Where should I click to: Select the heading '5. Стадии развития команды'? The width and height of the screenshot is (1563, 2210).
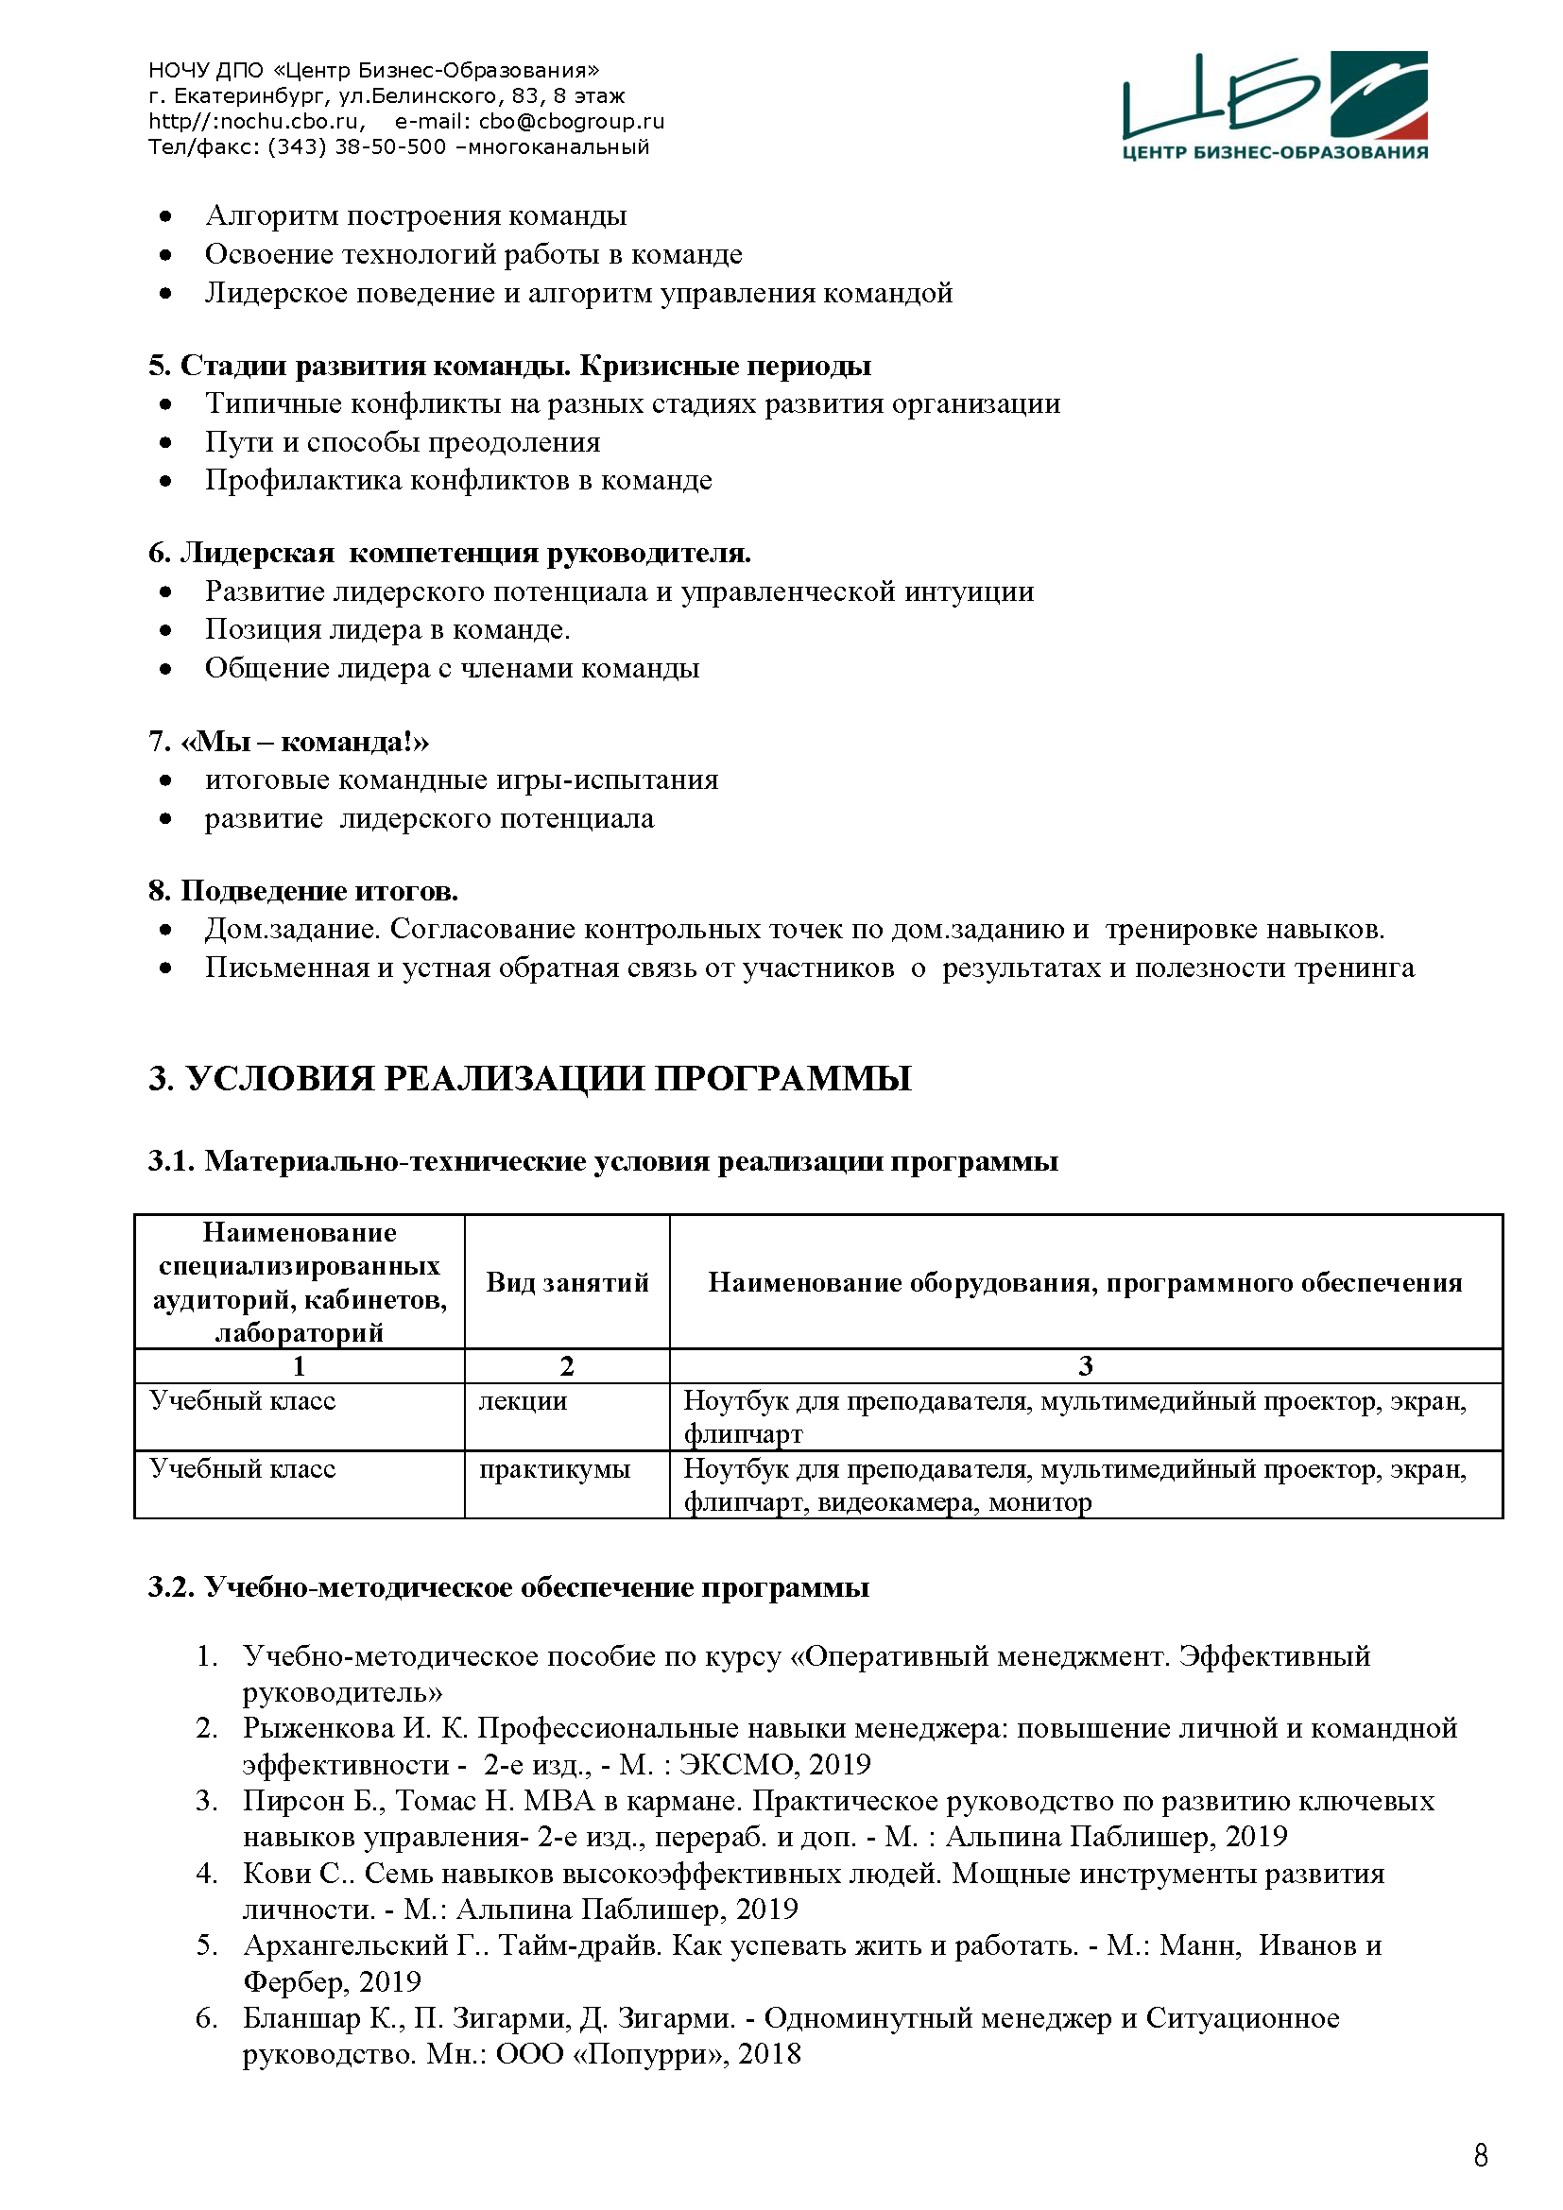(x=509, y=366)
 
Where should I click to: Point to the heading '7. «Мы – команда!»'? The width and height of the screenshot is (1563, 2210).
(x=289, y=741)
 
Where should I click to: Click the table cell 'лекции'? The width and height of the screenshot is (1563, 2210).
(x=523, y=1400)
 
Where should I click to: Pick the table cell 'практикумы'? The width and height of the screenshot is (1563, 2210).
(x=555, y=1468)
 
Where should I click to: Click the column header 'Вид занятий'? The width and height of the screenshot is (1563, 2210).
(x=567, y=1282)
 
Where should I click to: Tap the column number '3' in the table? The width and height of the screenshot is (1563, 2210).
(x=1085, y=1366)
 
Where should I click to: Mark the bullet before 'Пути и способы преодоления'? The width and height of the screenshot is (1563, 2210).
(x=165, y=443)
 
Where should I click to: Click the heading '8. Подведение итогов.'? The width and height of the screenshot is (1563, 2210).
(x=303, y=890)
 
